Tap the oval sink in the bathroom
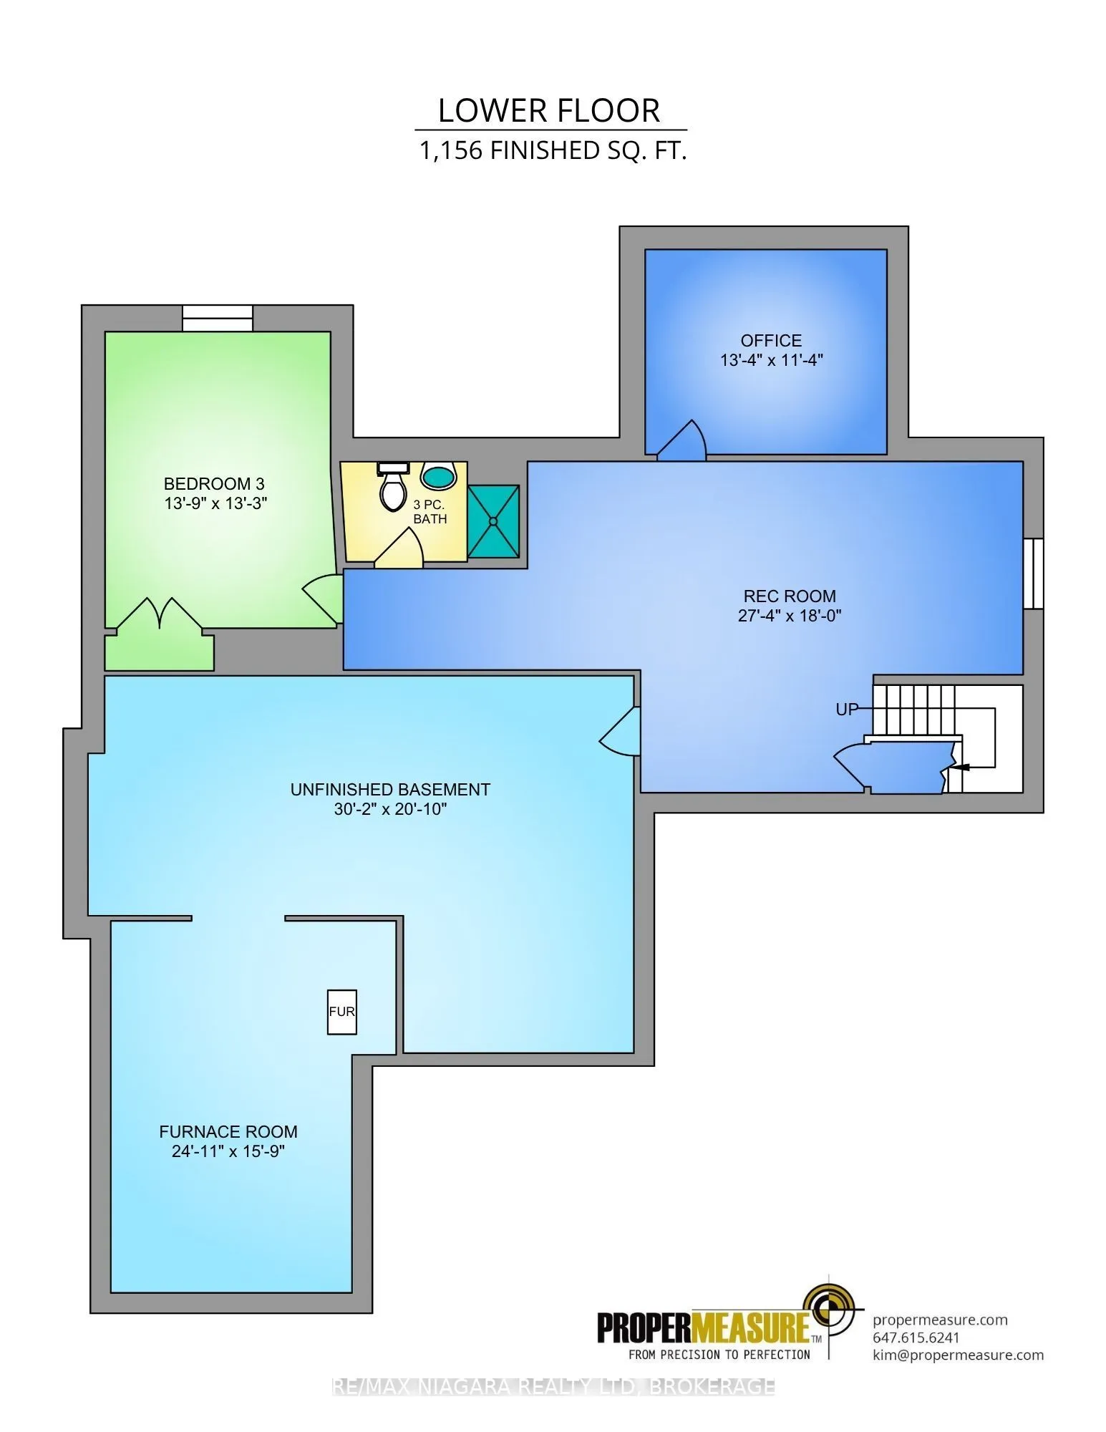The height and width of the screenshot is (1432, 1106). [x=438, y=475]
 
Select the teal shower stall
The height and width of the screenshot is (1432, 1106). [x=493, y=521]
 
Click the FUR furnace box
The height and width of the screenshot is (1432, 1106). [x=341, y=1012]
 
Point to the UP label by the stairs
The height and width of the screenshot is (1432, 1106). [x=847, y=710]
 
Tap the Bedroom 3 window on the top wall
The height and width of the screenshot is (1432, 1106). [x=218, y=318]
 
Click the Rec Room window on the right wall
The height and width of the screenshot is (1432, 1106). [x=1033, y=574]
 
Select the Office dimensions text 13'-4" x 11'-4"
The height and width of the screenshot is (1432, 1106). [x=772, y=360]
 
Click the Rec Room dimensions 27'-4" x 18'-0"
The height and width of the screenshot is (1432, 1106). [x=790, y=615]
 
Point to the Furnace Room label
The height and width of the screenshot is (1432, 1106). [x=228, y=1132]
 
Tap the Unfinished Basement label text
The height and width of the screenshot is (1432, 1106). [x=390, y=790]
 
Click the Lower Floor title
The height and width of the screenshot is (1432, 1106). [x=549, y=111]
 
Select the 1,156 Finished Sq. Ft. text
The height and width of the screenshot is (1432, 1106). [x=553, y=151]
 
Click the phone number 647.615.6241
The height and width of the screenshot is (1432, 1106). [x=916, y=1337]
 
